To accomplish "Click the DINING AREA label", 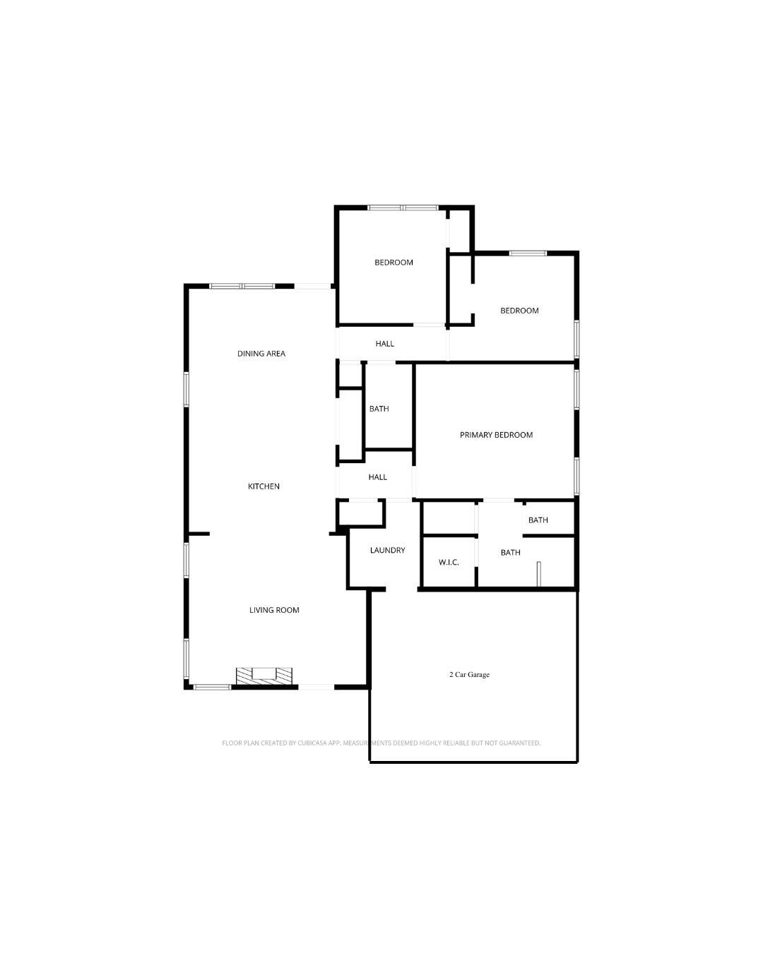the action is tap(261, 354).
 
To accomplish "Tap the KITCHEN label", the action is tap(264, 486).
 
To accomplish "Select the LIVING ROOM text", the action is tap(274, 610).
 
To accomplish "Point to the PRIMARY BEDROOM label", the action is tap(496, 435).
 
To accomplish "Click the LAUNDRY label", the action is tap(387, 550).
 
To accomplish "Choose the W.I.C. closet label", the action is tap(449, 563).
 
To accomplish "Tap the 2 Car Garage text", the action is tap(469, 674).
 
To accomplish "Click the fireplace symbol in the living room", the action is tap(264, 676).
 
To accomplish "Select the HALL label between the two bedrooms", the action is tap(384, 344).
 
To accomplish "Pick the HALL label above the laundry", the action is tap(377, 477).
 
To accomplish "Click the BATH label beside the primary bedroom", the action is tap(379, 409).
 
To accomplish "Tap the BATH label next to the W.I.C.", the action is tap(510, 552).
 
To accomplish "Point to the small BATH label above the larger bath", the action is tap(538, 520).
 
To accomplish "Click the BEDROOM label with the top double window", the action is tap(394, 263).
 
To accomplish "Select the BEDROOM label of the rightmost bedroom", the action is tap(519, 311).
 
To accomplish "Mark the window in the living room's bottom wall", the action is tap(212, 687).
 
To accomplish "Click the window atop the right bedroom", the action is tap(527, 253).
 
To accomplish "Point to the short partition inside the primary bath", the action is tap(538, 574).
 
